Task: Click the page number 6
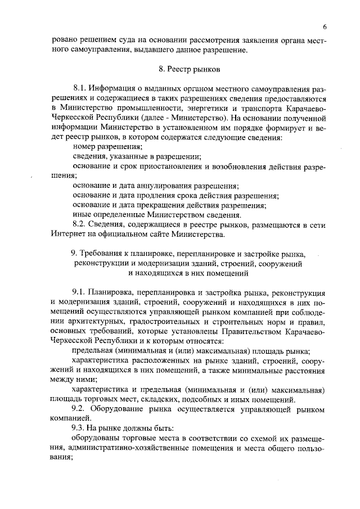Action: tap(325, 27)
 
